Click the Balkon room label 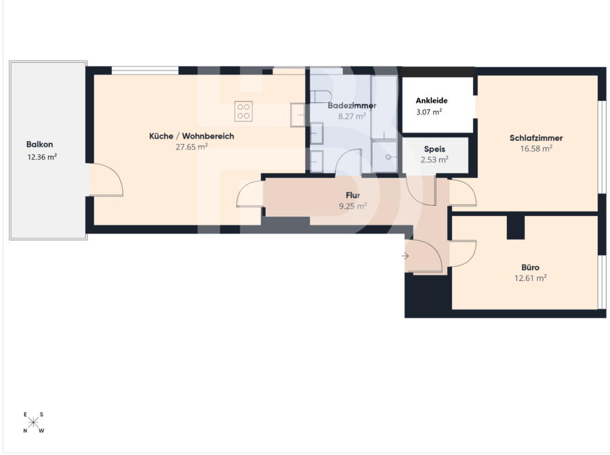[40, 144]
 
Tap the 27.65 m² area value [191, 147]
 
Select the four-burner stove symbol [243, 111]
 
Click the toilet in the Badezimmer [321, 96]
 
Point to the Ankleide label [432, 101]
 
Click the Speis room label [434, 149]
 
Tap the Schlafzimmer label [536, 138]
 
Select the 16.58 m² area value [536, 148]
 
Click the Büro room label [530, 267]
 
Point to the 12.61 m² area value [530, 278]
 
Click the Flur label [353, 196]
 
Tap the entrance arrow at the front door [405, 256]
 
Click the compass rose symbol [33, 422]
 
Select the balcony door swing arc [117, 175]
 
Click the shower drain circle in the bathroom [388, 157]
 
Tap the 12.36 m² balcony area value [42, 157]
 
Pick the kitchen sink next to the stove [298, 115]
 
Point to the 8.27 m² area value [352, 116]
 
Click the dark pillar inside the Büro [516, 227]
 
